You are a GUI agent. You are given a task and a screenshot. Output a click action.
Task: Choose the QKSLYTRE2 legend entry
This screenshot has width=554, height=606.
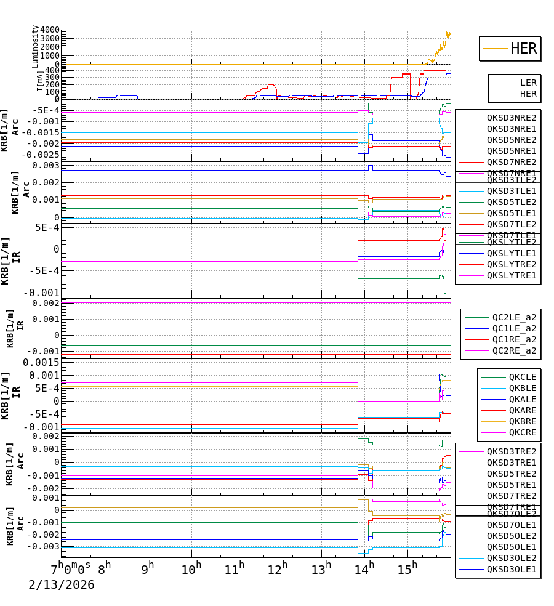(512, 264)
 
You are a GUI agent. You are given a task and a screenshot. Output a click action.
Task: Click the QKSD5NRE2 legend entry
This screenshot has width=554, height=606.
(512, 140)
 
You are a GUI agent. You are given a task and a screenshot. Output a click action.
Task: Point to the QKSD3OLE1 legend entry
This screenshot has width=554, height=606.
(512, 569)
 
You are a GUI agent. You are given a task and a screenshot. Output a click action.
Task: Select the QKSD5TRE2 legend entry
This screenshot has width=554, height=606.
(512, 474)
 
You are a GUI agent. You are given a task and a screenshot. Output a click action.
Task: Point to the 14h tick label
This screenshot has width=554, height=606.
(364, 567)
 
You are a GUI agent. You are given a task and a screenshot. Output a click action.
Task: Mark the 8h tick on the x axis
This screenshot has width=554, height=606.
(104, 567)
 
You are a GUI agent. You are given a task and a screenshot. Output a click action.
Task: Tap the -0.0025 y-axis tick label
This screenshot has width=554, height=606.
(41, 155)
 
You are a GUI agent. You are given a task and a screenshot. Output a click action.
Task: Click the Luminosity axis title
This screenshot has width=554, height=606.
(35, 46)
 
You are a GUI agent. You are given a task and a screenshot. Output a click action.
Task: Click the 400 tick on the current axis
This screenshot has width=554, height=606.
(52, 70)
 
